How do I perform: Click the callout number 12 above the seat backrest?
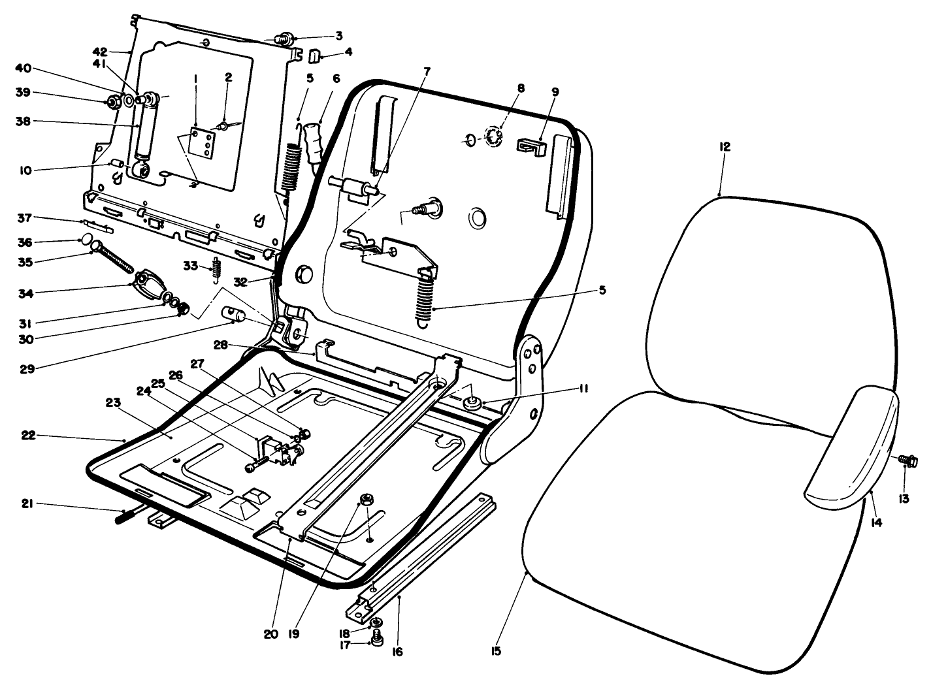[x=725, y=147]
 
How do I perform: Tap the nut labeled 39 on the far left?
[x=113, y=102]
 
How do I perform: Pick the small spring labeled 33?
[x=218, y=269]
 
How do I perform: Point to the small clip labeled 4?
[x=313, y=56]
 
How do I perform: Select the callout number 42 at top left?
[x=99, y=52]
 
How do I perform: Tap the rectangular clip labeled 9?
[x=531, y=145]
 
